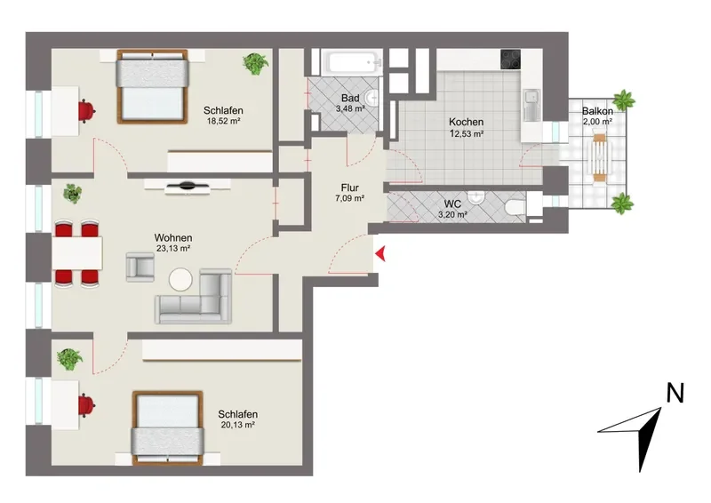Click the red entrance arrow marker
coord(381,254)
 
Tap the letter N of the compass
coord(675,393)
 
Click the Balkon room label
coord(597,111)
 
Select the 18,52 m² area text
coord(223,121)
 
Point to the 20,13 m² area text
coord(237,425)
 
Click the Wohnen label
coord(173,237)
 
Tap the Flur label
coord(350,188)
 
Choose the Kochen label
coord(466,122)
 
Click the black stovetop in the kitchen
coord(510,60)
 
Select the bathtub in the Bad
coord(351,62)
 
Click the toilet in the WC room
coord(515,208)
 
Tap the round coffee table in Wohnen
coord(180,279)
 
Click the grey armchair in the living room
coord(140,267)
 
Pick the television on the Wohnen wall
coord(188,186)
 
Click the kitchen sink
coord(531,105)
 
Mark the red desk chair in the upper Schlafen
coord(86,111)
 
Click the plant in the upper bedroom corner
coord(255,63)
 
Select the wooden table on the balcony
coord(600,156)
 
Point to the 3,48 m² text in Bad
coord(350,108)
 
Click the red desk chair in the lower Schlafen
coord(86,405)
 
